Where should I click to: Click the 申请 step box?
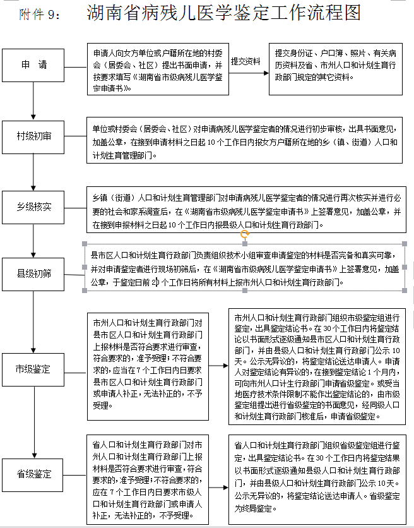click(33, 65)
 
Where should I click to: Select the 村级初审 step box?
click(33, 137)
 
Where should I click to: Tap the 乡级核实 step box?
click(33, 207)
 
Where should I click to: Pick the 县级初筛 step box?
click(33, 274)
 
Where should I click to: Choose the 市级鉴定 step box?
click(33, 369)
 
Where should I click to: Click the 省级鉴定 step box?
click(32, 475)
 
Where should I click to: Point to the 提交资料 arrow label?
click(245, 62)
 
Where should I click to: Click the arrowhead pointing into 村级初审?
click(33, 117)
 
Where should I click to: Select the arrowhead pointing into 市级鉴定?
click(33, 350)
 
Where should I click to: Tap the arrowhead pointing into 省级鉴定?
click(34, 455)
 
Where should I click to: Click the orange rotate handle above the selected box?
click(245, 234)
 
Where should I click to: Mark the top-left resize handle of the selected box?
click(85, 244)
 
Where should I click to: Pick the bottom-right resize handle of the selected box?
click(405, 291)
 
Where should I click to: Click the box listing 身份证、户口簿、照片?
click(336, 69)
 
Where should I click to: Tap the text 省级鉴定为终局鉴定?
click(317, 502)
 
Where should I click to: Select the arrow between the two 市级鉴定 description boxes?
click(218, 365)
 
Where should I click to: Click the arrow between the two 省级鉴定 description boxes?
click(218, 487)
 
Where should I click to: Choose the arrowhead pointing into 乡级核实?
click(33, 188)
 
